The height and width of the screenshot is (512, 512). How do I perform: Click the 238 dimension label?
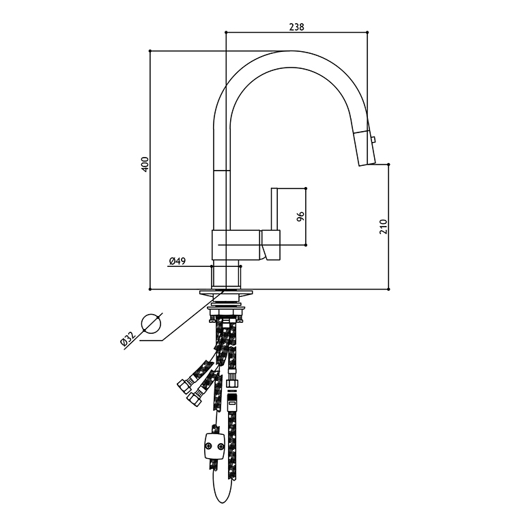click(x=296, y=27)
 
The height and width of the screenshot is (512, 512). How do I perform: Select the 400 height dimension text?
click(x=145, y=164)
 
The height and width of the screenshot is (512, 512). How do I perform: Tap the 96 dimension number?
click(x=300, y=216)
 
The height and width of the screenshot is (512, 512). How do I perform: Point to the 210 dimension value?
click(x=383, y=227)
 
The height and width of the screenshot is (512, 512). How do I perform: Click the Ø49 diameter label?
click(x=177, y=261)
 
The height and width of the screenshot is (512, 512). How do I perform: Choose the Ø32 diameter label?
click(x=128, y=339)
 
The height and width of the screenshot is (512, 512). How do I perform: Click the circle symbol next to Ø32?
click(x=151, y=324)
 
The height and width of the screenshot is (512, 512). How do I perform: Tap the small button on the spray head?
click(x=374, y=139)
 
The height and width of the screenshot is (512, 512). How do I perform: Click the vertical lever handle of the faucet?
click(x=274, y=209)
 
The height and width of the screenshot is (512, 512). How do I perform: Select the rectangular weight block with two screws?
click(x=214, y=446)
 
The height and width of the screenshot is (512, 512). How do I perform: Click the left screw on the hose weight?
click(x=208, y=445)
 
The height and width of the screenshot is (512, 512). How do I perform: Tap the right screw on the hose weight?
click(x=221, y=446)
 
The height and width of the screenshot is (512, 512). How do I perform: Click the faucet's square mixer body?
click(x=236, y=245)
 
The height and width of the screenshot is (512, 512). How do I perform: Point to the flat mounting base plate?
click(x=226, y=293)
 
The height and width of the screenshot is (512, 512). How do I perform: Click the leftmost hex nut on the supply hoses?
click(x=184, y=387)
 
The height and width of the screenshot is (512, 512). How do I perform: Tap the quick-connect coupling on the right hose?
click(x=232, y=400)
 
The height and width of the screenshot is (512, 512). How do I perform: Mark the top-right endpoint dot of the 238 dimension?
click(x=367, y=32)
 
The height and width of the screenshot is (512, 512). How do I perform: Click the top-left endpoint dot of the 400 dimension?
click(x=150, y=51)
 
